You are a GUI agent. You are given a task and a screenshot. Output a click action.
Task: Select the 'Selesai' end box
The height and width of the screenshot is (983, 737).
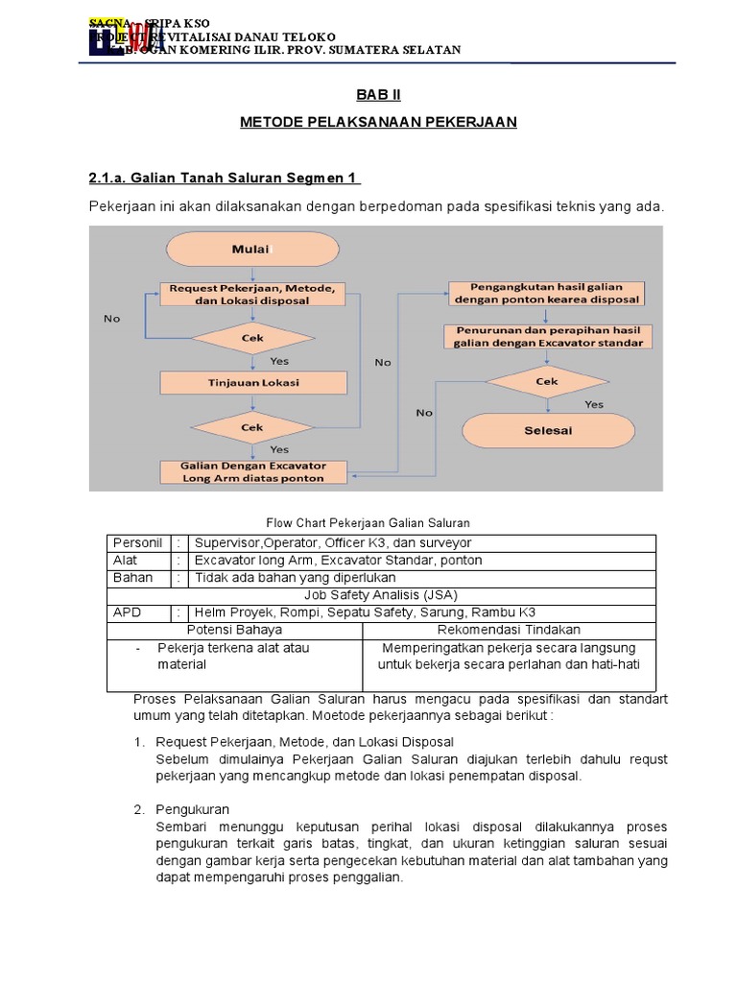548,430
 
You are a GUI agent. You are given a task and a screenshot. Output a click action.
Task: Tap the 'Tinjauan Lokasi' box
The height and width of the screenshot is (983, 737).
253,382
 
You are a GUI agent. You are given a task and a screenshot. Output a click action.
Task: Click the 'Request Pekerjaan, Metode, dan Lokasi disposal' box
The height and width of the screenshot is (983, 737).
253,294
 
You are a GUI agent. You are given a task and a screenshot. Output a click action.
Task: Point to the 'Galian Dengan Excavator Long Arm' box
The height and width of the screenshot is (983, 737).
253,471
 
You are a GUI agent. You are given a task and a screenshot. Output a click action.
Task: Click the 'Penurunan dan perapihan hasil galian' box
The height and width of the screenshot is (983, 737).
547,336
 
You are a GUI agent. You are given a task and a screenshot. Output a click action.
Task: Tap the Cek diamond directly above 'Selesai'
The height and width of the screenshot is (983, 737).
547,380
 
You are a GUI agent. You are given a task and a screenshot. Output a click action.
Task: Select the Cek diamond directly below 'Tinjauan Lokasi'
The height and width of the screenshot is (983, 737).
253,427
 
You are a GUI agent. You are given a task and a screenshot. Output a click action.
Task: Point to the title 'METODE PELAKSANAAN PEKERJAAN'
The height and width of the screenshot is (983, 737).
378,122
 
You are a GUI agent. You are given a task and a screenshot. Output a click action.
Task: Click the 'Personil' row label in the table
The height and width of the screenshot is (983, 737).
138,543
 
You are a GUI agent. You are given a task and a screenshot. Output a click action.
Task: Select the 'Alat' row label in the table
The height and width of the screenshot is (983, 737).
126,561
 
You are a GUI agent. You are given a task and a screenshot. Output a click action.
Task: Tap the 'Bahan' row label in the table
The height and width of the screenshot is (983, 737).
132,578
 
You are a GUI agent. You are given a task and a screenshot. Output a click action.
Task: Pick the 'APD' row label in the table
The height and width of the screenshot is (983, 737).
127,612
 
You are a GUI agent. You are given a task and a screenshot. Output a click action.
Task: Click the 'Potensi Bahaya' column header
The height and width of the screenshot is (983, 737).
234,630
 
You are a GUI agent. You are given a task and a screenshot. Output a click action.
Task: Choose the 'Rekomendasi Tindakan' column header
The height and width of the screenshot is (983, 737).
509,630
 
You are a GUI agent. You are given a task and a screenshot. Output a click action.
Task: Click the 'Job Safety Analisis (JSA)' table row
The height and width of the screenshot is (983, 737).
381,595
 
